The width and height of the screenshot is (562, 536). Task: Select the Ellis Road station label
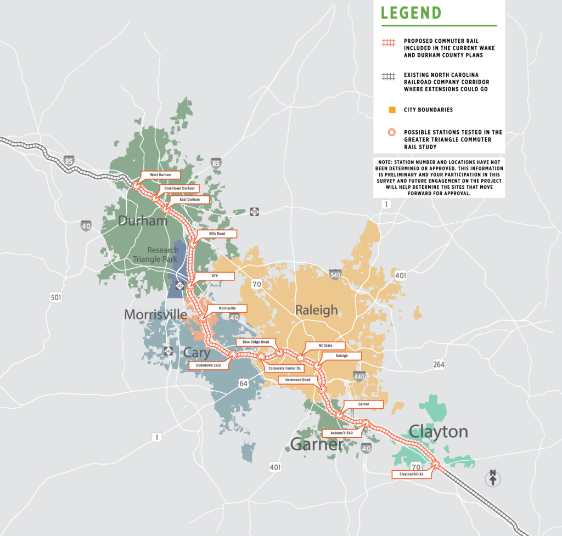coord(217,234)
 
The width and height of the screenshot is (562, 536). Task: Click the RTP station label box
coord(215,275)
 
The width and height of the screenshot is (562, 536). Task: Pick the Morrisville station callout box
coord(227,308)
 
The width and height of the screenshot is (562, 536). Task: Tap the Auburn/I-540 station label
coord(341,432)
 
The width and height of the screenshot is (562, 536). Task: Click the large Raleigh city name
coord(317,310)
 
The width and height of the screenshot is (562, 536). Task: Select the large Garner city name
coord(317,444)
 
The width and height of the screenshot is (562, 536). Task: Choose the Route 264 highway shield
coord(438,365)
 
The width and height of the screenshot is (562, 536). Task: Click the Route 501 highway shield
coord(55,297)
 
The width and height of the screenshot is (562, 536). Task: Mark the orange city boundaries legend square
coord(391,110)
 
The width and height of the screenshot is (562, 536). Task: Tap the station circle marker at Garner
coord(340,415)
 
